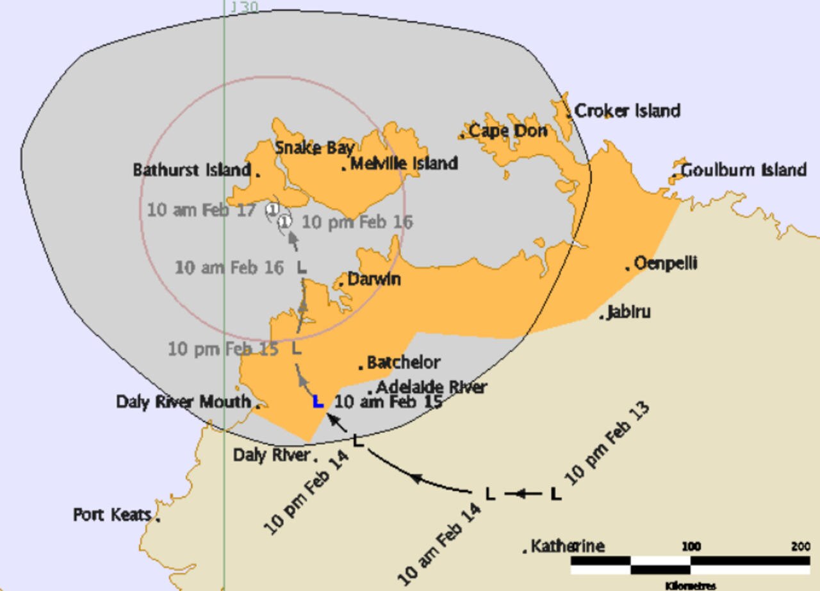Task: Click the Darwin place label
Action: tap(374, 279)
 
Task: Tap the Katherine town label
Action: tap(568, 547)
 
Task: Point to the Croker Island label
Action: tap(627, 111)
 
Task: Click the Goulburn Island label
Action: tap(743, 171)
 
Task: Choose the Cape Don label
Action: tap(508, 131)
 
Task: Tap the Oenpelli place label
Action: tap(665, 263)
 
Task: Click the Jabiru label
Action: tap(628, 312)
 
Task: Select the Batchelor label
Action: tap(404, 363)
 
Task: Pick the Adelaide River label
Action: tap(431, 387)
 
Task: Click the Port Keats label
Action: tap(112, 515)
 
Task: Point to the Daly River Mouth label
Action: tap(183, 402)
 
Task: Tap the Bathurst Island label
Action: tap(192, 171)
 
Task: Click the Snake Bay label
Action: tap(315, 148)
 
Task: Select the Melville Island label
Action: tap(404, 163)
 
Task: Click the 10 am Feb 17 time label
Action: tap(202, 210)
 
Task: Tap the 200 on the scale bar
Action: tap(801, 546)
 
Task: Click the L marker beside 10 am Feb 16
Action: tap(302, 268)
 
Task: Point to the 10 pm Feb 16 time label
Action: tap(357, 222)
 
